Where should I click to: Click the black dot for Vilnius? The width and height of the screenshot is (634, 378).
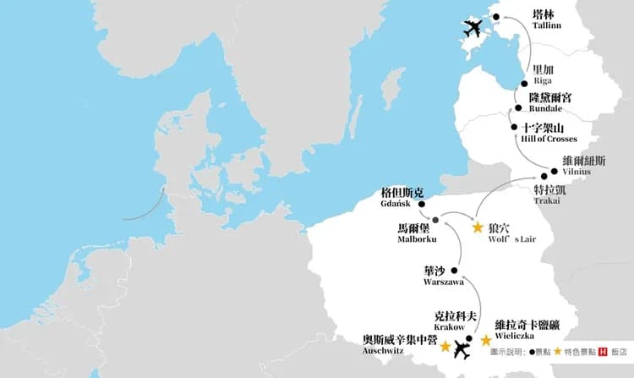(x=555, y=171)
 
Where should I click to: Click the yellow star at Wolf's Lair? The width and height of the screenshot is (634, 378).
(x=478, y=227)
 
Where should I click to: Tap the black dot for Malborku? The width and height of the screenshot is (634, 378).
(x=436, y=215)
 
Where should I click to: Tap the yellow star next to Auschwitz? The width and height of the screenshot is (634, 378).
(x=445, y=345)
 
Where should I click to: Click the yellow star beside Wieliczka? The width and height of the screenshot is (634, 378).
(x=486, y=340)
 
